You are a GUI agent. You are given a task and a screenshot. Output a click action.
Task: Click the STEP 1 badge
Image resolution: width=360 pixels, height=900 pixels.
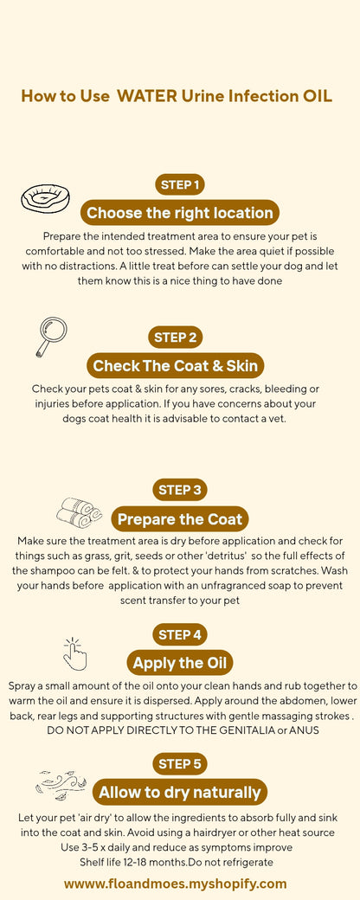click(180, 184)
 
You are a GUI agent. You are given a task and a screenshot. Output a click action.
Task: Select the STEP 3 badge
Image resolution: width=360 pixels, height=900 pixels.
click(180, 490)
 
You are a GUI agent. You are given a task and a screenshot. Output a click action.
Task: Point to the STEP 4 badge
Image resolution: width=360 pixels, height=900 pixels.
click(180, 634)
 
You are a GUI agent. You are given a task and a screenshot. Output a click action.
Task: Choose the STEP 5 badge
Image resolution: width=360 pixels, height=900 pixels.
click(180, 763)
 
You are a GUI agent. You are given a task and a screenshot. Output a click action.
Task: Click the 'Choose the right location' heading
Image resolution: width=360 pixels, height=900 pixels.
click(180, 213)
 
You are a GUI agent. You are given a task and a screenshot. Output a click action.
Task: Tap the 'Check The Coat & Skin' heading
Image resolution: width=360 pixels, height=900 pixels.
click(176, 365)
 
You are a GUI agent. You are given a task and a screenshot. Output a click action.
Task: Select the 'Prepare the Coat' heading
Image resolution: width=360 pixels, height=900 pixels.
click(180, 519)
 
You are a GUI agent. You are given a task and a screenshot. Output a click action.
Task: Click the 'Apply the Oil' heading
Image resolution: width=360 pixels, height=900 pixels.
click(180, 664)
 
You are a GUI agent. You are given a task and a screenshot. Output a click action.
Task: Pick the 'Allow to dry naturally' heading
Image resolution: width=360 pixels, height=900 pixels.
click(180, 792)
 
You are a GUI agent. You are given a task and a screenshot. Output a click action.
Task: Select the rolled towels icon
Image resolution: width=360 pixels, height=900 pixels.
click(80, 512)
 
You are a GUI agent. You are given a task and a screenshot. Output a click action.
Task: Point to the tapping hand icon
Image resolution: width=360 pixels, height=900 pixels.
click(75, 653)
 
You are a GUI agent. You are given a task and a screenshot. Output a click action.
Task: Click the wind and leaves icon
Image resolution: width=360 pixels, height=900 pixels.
click(61, 784)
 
